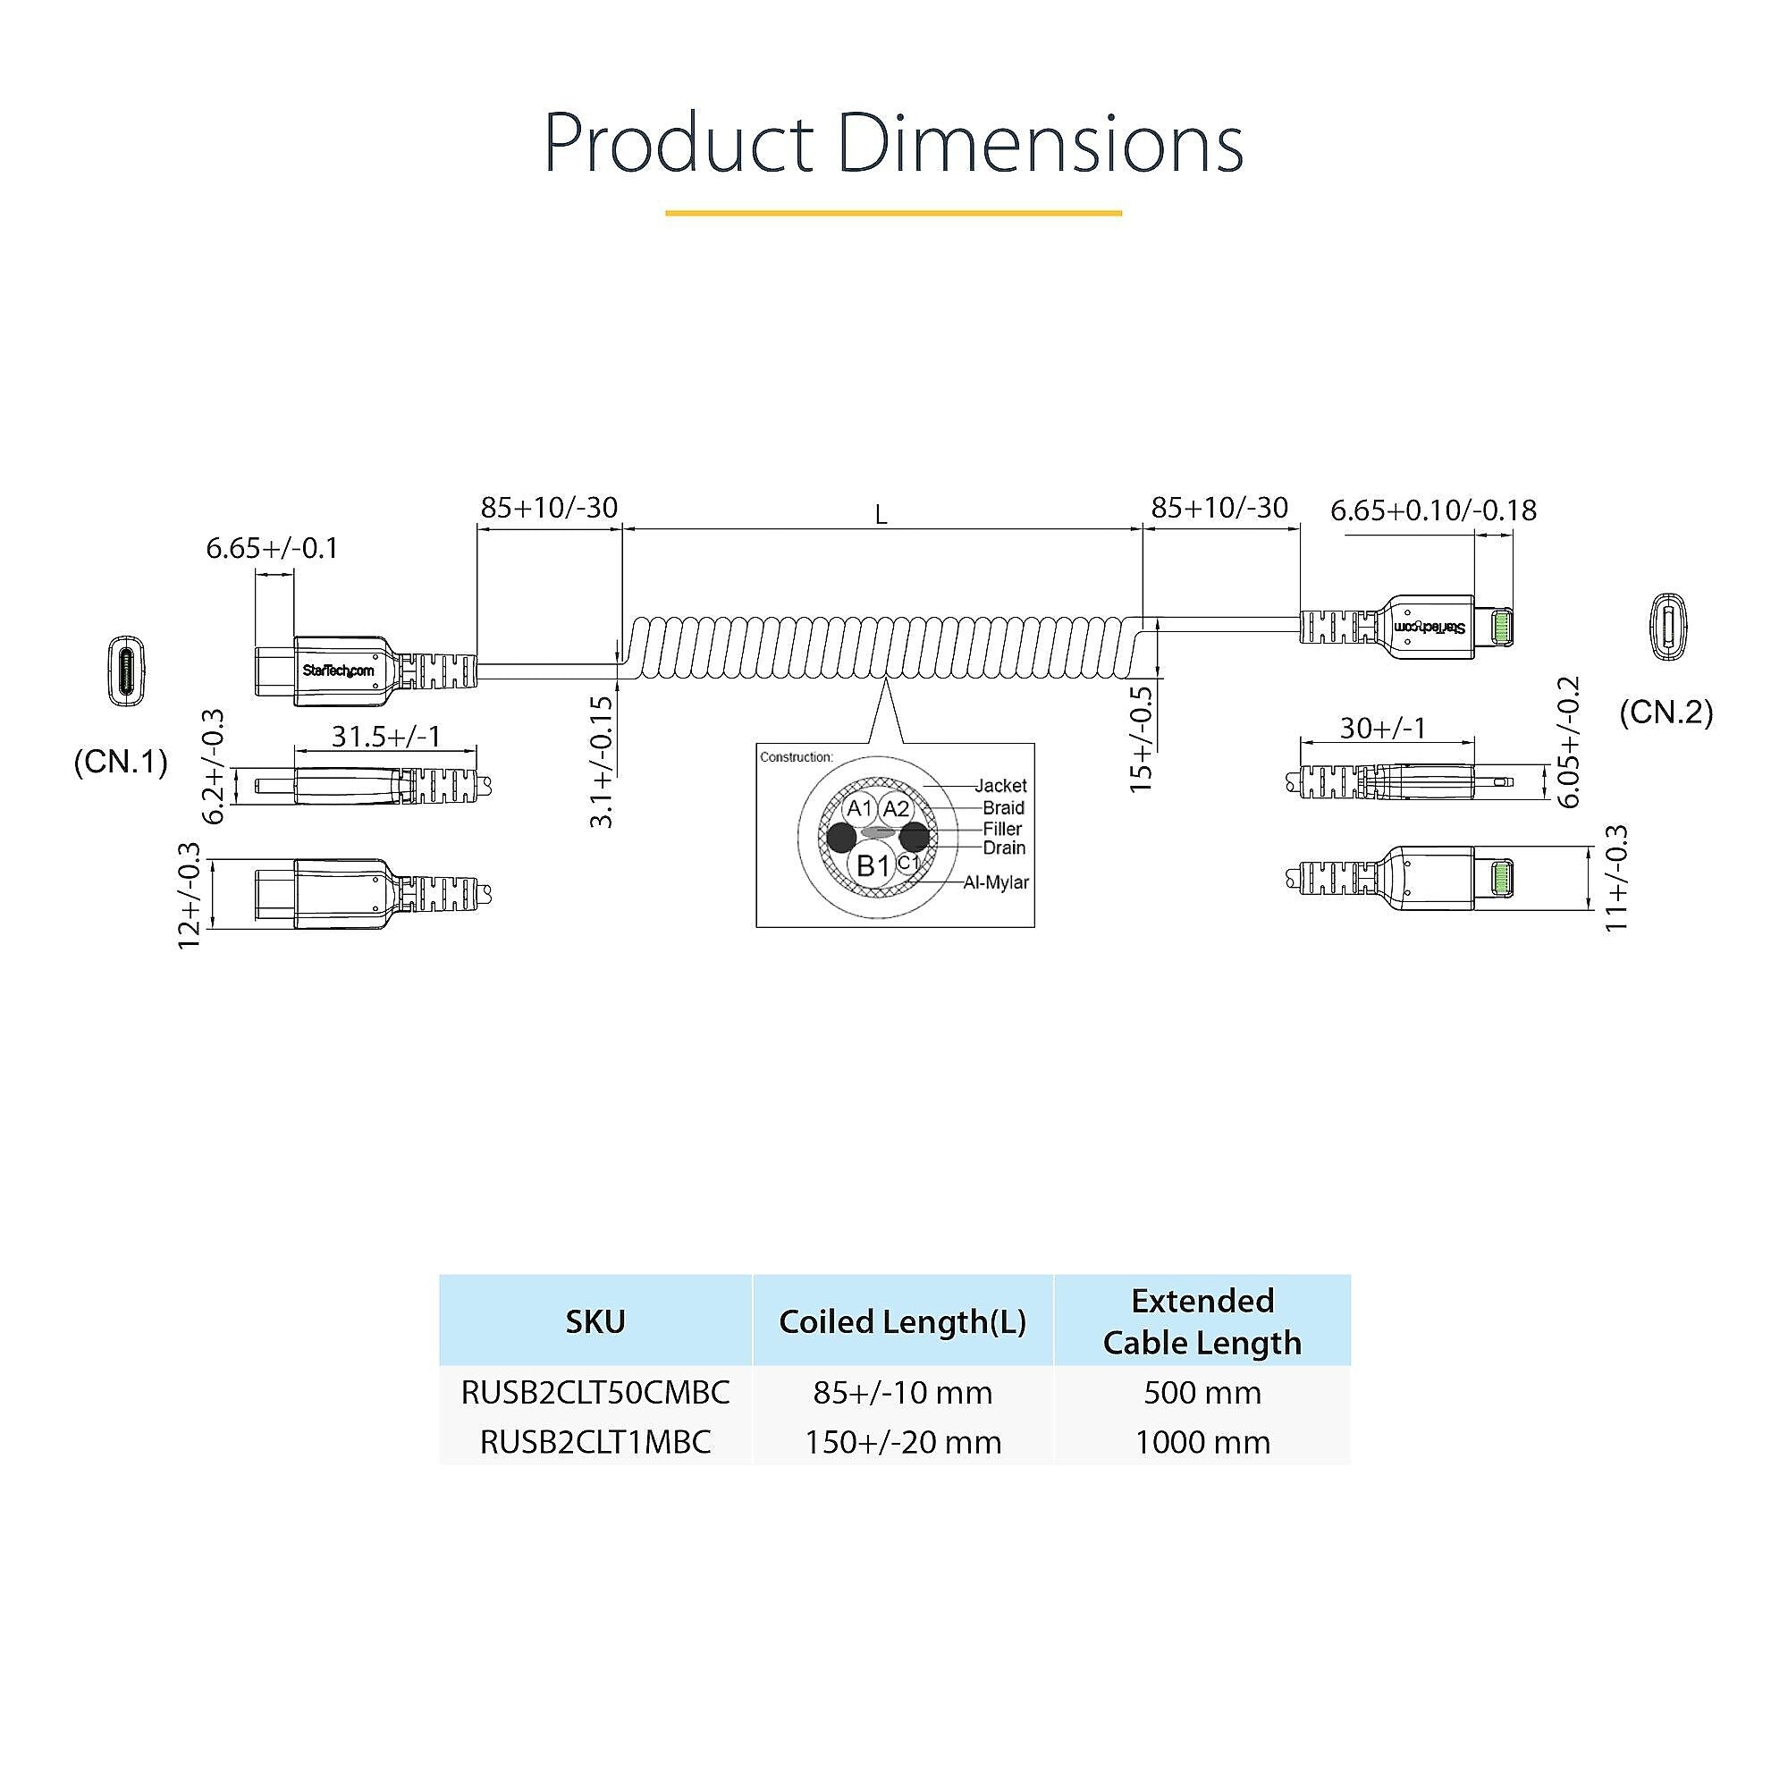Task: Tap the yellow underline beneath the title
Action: (893, 213)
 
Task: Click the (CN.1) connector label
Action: (121, 763)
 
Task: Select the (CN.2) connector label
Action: (1666, 712)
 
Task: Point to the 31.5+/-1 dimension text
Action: (386, 737)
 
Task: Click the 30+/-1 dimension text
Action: (1383, 729)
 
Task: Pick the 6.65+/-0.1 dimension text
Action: (272, 548)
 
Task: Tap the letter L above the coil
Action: (881, 516)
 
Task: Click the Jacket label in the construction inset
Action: (1000, 786)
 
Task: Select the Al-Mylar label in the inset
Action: (996, 883)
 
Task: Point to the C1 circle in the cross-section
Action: (909, 863)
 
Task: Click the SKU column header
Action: (595, 1320)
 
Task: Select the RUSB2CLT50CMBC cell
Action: (595, 1393)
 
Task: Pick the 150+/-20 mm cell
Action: (902, 1443)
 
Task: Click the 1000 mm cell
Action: (1202, 1443)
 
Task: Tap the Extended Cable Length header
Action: (1202, 1320)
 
